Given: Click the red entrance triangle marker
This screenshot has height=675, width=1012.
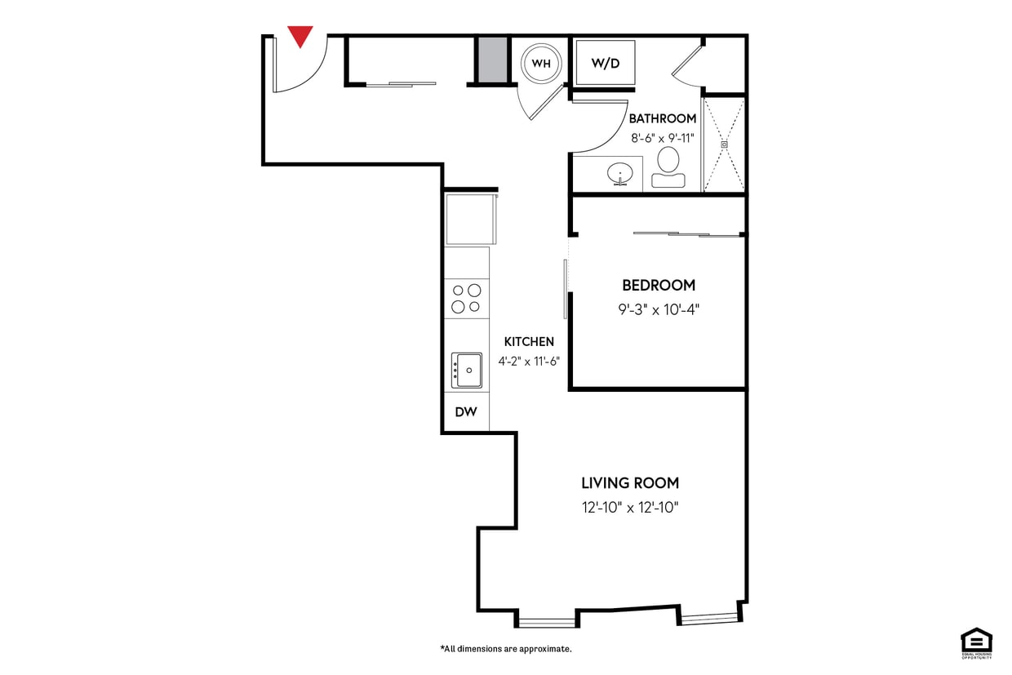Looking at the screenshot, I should tap(300, 36).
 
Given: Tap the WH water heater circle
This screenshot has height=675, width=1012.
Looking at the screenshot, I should tap(541, 63).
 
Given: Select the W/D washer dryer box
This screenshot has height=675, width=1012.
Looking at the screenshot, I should tap(605, 63).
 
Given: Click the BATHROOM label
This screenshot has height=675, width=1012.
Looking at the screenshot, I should tap(662, 118).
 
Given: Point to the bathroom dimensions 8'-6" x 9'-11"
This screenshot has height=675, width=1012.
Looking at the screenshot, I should tap(662, 138).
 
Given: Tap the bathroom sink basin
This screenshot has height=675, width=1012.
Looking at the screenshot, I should tap(620, 174).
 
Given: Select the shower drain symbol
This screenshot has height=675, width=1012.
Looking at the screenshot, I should tap(723, 144).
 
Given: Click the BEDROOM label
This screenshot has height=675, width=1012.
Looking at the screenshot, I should tap(659, 285).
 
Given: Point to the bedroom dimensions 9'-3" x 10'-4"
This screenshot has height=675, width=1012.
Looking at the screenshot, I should tap(659, 309).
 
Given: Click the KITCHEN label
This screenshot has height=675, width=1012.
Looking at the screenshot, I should tap(529, 342).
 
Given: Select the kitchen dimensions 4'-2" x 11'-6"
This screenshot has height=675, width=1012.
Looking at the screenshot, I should tap(529, 360).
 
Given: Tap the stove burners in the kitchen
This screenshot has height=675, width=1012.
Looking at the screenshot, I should tap(466, 299).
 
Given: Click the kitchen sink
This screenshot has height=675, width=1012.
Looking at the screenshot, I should tap(468, 371).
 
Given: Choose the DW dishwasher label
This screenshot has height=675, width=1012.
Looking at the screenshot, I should tap(466, 412).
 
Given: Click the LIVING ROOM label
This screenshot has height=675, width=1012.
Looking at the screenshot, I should tap(630, 482).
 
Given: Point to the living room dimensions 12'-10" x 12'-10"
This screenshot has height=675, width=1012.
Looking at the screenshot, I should tap(630, 508).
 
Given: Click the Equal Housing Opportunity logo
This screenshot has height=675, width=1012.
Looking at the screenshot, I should tap(976, 642).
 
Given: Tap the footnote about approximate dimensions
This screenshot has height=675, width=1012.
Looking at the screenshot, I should tap(506, 649).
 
